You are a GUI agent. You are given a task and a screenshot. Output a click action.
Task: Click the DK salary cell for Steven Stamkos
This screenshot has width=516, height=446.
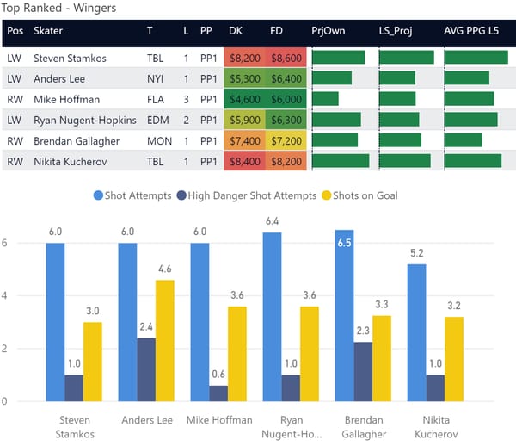pyautogui.click(x=243, y=59)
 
